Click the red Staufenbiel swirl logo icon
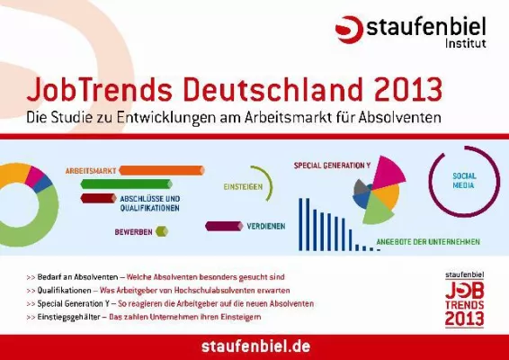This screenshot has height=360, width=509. [x=349, y=29]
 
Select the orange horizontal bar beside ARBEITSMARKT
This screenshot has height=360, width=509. [x=161, y=169]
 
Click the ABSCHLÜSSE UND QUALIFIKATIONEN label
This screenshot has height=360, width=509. [x=149, y=202]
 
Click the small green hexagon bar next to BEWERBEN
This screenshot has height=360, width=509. [x=162, y=231]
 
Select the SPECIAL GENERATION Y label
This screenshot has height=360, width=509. [x=332, y=166]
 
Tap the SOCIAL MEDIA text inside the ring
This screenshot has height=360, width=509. [x=463, y=178]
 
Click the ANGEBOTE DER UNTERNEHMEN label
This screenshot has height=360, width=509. [x=428, y=241]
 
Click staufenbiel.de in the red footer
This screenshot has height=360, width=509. [x=254, y=346]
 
